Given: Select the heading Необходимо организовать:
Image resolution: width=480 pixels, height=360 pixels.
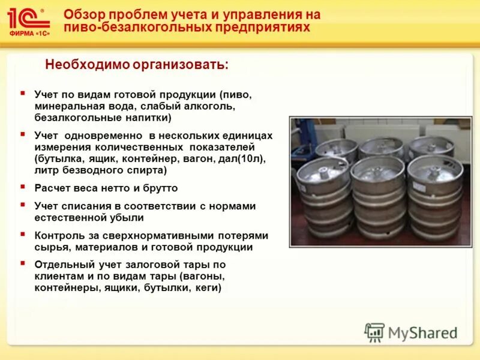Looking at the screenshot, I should (137, 65).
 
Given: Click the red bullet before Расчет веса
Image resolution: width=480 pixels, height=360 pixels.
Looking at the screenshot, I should (22, 187).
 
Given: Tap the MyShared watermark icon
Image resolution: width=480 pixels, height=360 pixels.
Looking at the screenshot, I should (374, 332).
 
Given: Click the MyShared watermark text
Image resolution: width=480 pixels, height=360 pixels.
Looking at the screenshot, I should (422, 332).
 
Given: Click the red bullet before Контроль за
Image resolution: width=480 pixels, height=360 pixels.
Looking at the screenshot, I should (22, 235).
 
